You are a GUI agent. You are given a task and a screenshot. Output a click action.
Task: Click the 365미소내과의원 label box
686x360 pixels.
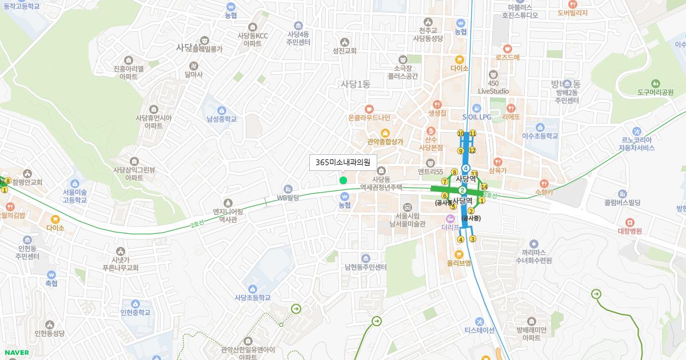(x=343, y=163)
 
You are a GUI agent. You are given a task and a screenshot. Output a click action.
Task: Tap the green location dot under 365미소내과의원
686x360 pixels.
(x=343, y=181)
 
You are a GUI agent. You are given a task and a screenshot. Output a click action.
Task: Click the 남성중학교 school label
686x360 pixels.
(x=222, y=119)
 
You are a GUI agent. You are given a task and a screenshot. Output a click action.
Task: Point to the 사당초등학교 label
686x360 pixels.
(x=252, y=297)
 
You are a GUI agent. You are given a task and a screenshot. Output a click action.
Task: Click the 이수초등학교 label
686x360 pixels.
(x=539, y=136)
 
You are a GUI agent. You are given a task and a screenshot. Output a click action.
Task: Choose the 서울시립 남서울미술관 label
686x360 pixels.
(x=408, y=219)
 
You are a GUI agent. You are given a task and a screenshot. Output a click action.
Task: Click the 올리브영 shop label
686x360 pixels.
(x=459, y=263)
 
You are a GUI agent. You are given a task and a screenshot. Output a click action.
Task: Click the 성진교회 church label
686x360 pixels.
(x=344, y=50)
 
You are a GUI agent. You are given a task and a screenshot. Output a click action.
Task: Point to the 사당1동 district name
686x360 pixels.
(x=355, y=84)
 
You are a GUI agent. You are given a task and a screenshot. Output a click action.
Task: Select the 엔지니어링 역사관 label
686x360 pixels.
(x=228, y=215)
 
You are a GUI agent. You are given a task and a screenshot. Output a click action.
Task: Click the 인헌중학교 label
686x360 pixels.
(x=135, y=312)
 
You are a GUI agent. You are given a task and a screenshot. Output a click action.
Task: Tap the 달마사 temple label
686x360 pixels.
(x=194, y=74)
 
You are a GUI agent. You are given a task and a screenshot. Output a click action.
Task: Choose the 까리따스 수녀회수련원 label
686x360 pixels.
(x=533, y=255)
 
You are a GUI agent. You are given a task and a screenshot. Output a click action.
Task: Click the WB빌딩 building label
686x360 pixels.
(x=288, y=198)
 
